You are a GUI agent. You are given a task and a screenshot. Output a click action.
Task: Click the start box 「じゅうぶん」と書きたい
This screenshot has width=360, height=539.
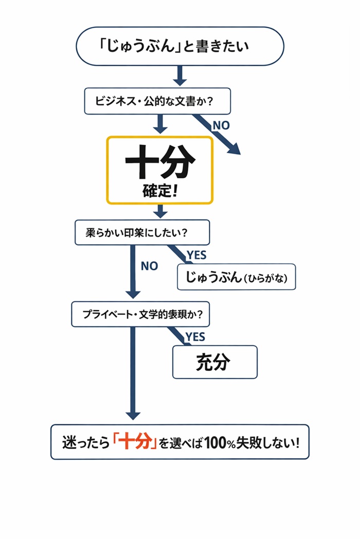click(x=180, y=46)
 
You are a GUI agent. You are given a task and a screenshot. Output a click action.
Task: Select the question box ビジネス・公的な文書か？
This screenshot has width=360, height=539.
click(x=157, y=101)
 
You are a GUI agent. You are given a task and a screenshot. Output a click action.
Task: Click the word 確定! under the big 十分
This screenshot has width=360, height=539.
click(x=160, y=192)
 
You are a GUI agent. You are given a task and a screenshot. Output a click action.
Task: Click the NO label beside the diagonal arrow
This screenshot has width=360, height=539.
click(x=221, y=125)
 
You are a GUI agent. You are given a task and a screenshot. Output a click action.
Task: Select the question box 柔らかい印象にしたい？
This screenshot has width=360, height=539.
click(x=142, y=233)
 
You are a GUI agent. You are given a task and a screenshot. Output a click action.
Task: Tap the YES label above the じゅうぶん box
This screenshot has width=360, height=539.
click(x=196, y=255)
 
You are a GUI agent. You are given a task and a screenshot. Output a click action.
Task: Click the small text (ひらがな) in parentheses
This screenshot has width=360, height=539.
click(x=268, y=278)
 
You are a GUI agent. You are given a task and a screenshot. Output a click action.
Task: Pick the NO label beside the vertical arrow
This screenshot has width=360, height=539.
click(x=149, y=267)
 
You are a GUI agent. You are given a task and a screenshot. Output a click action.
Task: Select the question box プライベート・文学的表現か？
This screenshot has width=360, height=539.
click(x=140, y=314)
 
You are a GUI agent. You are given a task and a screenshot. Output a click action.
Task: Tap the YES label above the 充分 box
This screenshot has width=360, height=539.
click(x=195, y=337)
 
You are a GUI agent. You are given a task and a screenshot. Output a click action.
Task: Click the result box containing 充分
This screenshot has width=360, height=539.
click(x=214, y=362)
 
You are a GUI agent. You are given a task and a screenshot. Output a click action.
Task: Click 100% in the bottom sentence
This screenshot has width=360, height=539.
click(x=220, y=442)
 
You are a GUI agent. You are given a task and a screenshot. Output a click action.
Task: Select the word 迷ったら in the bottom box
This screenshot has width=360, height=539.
click(x=85, y=442)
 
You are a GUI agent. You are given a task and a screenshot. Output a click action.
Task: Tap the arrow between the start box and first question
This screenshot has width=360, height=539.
click(x=179, y=77)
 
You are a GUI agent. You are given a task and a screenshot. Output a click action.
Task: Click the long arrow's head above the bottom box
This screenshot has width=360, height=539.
click(x=133, y=414)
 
